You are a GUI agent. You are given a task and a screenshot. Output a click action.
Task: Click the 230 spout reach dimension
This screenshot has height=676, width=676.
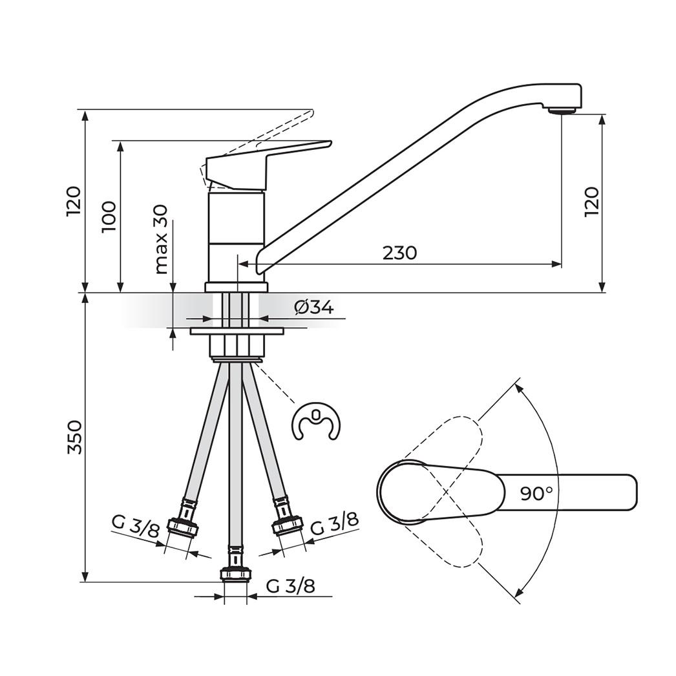tap(399, 253)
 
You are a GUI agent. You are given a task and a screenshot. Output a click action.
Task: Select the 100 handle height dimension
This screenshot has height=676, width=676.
tap(109, 217)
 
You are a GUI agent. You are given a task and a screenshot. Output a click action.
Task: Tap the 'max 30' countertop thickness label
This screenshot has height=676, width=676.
tap(161, 239)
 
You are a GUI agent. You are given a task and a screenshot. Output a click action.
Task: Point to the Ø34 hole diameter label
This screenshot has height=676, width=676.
tap(313, 308)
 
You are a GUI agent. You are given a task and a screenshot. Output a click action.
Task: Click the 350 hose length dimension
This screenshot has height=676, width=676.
tap(75, 437)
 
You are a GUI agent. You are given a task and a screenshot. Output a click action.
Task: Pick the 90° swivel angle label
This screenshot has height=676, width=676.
tap(536, 494)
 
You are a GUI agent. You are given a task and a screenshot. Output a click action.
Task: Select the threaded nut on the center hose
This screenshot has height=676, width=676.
tap(235, 573)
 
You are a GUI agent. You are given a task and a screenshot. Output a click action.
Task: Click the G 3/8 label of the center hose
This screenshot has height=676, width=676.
tap(290, 586)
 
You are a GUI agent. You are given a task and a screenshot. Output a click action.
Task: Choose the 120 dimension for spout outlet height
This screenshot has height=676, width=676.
tap(592, 202)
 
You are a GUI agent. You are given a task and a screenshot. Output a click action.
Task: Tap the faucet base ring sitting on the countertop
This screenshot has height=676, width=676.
tap(236, 287)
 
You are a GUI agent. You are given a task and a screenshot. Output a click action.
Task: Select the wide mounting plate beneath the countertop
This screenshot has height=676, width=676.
tap(237, 332)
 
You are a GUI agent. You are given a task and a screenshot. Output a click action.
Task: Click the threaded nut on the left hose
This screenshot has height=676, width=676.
tap(183, 527)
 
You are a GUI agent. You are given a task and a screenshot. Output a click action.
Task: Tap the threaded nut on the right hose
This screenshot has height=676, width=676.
tap(288, 525)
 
